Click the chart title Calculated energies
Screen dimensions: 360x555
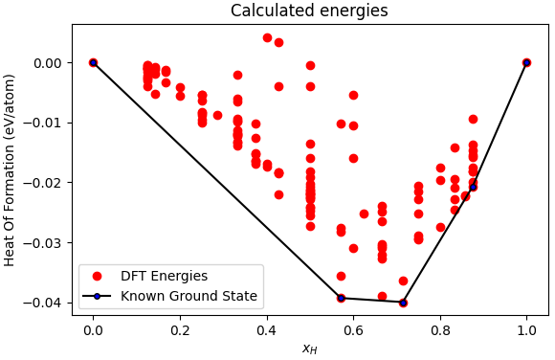pos(309,11)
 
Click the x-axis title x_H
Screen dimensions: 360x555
pos(309,349)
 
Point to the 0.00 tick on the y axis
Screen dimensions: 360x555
pos(48,63)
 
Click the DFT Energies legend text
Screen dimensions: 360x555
pos(164,277)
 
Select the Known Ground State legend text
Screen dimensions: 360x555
pos(189,296)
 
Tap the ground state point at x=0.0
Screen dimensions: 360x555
pos(93,62)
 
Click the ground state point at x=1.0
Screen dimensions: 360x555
pos(526,62)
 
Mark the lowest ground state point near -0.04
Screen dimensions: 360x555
pos(403,303)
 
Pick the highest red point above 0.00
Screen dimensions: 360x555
pos(267,37)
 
